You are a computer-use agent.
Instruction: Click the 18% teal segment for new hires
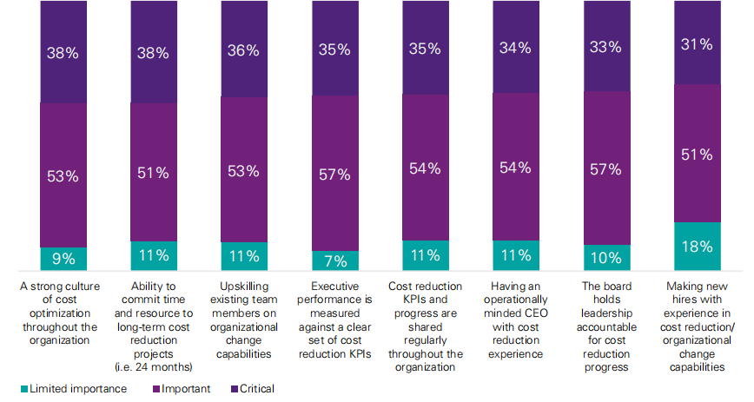[x=697, y=247]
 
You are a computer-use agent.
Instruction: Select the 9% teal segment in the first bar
[x=63, y=259]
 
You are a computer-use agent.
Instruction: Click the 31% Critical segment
[x=697, y=43]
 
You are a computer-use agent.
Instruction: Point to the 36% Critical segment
[x=243, y=49]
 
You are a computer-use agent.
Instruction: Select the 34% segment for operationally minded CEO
[x=516, y=47]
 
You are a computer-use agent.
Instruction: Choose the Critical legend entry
[x=257, y=389]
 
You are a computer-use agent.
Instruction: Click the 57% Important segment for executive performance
[x=334, y=174]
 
